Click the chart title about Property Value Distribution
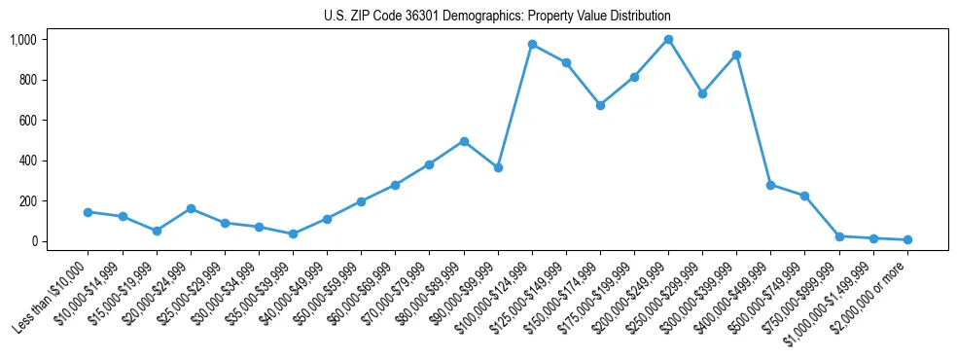click(x=497, y=17)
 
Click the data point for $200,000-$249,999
click(x=668, y=40)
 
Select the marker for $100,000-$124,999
click(x=532, y=45)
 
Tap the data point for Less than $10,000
click(x=89, y=212)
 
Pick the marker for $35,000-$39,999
click(x=293, y=234)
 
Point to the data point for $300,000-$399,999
click(x=736, y=54)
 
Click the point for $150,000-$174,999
click(x=600, y=105)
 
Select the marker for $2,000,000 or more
click(x=906, y=239)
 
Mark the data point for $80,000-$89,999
click(x=464, y=141)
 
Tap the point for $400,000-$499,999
click(x=770, y=185)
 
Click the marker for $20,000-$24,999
click(x=191, y=208)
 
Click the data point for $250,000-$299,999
click(x=702, y=93)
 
